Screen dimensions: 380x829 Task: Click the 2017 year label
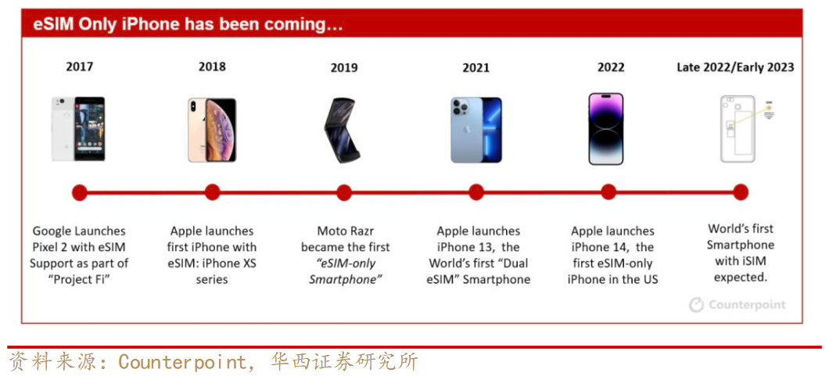point(80,67)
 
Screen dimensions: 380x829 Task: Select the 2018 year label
point(212,67)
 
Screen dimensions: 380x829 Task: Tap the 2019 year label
point(344,68)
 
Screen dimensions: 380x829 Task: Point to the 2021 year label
point(476,68)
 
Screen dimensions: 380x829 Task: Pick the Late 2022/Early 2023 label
point(735,67)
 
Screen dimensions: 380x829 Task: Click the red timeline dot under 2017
point(80,192)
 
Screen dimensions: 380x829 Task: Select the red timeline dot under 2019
point(344,192)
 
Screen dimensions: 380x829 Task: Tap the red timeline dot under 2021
point(476,192)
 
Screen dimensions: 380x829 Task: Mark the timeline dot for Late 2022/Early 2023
point(741,192)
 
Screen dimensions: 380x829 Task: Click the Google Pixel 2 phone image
point(78,129)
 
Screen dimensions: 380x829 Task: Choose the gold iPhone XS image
point(212,130)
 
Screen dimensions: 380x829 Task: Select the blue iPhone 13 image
point(476,130)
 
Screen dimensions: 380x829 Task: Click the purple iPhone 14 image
point(606,129)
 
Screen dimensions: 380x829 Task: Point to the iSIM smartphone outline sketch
point(739,129)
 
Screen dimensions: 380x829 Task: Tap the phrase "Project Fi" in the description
point(80,279)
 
